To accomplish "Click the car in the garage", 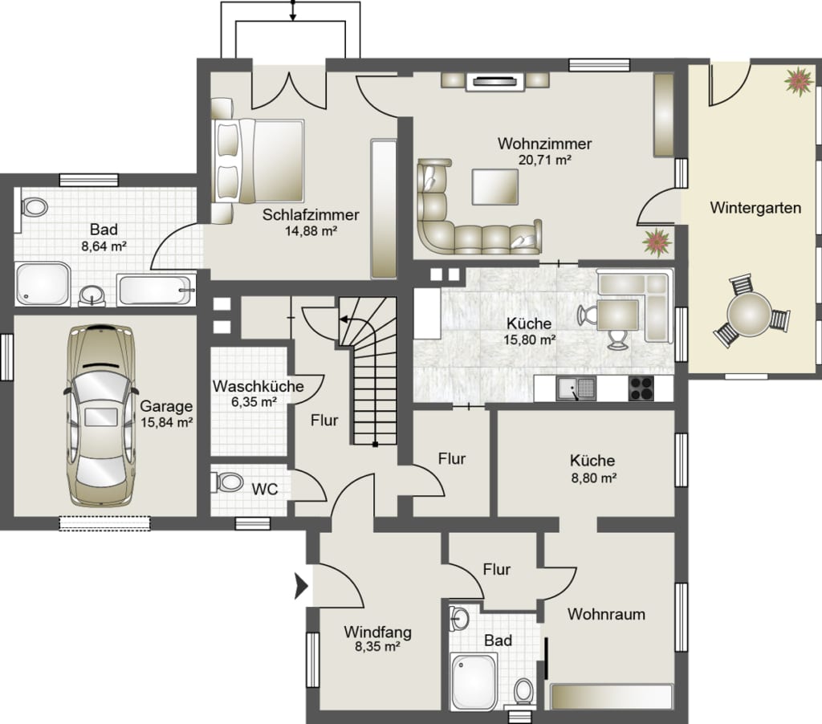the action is (101, 415).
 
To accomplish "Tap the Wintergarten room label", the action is (755, 208).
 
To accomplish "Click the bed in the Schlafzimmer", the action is (258, 161).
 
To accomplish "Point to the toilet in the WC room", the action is (228, 482).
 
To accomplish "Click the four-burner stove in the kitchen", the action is (641, 388).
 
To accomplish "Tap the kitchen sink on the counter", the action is (576, 388).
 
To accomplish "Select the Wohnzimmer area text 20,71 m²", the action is (545, 160).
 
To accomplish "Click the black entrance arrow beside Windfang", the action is (301, 586).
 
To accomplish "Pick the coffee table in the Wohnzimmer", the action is (494, 187).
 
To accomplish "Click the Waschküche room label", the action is (258, 386).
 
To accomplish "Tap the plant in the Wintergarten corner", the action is (800, 81).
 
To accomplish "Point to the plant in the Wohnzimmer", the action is (657, 242).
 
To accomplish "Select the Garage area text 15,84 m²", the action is (167, 422).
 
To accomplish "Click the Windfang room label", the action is (377, 632).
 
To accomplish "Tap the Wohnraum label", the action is (606, 614).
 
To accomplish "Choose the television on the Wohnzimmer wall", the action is (494, 81).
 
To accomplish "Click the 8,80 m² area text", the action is (593, 478).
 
